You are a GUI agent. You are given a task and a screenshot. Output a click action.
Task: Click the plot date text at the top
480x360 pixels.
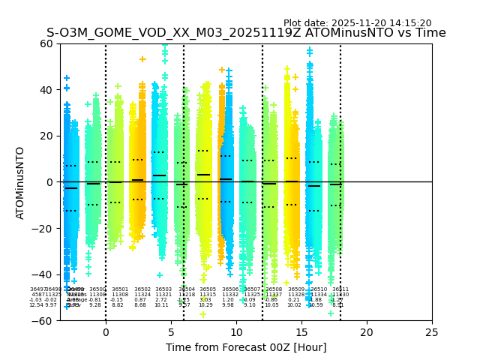pos(357,23)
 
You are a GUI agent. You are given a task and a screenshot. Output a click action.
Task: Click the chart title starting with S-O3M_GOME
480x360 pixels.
pos(246,33)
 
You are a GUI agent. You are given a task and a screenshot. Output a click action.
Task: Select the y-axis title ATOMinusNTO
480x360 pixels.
pos(21,182)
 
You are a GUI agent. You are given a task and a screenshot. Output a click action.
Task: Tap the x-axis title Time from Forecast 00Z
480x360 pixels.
pos(246,347)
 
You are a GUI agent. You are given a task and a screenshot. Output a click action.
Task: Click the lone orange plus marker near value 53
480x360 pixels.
pos(142,59)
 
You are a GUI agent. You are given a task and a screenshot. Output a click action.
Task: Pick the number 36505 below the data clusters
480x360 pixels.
pos(208,289)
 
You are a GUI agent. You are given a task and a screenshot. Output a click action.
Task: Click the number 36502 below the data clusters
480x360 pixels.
pos(142,289)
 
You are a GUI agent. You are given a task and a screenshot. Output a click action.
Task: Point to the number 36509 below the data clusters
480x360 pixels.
pos(296,289)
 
